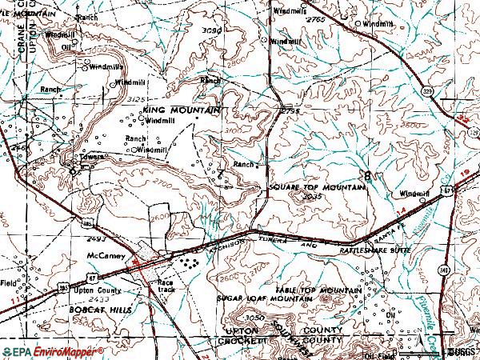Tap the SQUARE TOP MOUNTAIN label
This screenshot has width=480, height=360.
tap(317, 186)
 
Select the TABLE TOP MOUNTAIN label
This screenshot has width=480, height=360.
tap(318, 289)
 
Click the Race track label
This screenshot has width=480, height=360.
tap(166, 286)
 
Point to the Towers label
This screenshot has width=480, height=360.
tap(88, 157)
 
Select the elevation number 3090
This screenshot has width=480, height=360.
tap(210, 30)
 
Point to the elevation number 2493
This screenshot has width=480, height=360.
tap(98, 238)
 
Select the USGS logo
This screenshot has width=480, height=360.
tap(460, 352)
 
